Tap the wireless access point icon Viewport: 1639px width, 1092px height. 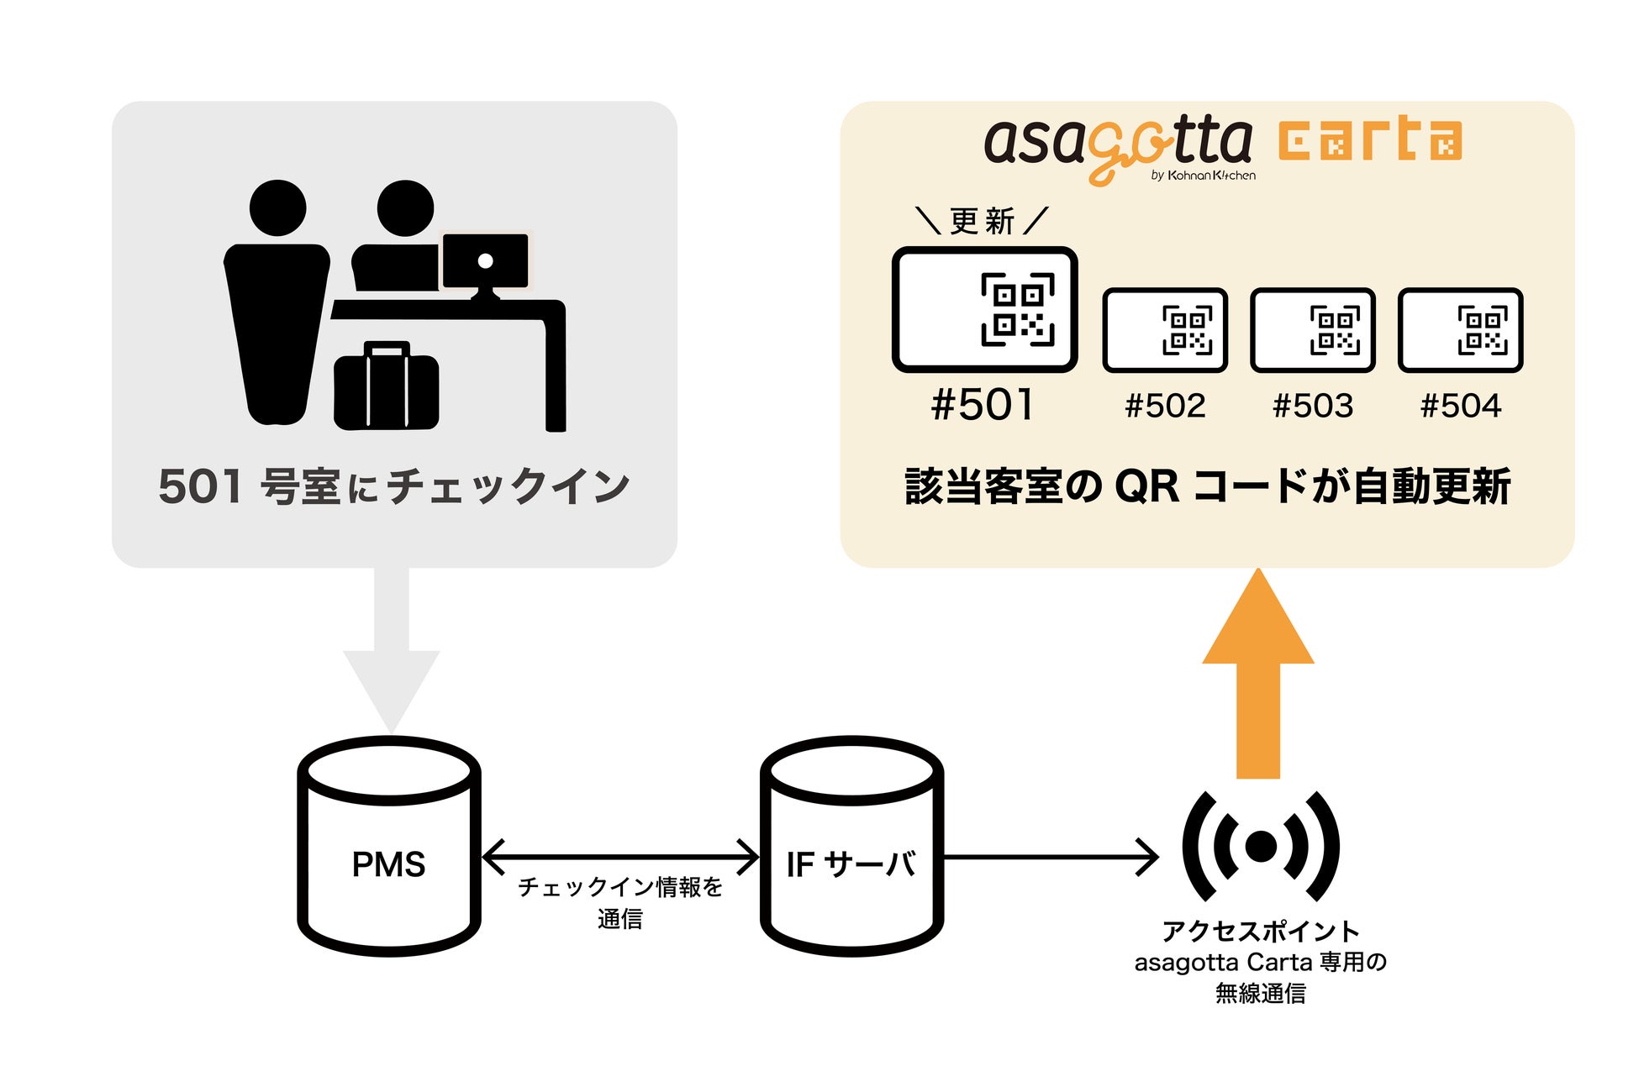(1260, 846)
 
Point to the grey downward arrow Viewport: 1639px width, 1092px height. (391, 655)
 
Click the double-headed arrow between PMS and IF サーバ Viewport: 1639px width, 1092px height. (620, 857)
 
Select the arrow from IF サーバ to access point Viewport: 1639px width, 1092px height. (1051, 857)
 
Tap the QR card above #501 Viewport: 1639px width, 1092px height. (984, 309)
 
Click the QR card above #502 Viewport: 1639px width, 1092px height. (1165, 330)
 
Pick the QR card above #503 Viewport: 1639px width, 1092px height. (1312, 330)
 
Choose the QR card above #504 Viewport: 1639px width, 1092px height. (1460, 330)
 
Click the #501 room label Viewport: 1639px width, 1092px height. (983, 405)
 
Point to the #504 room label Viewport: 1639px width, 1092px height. (1460, 407)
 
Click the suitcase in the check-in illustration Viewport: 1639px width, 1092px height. (386, 388)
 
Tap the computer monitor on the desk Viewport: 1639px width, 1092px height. (486, 262)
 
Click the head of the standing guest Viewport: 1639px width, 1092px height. (277, 208)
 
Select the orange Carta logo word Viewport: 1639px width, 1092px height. (1370, 141)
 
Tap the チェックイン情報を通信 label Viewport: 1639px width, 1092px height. (620, 902)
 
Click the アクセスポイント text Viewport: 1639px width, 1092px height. (1260, 931)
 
